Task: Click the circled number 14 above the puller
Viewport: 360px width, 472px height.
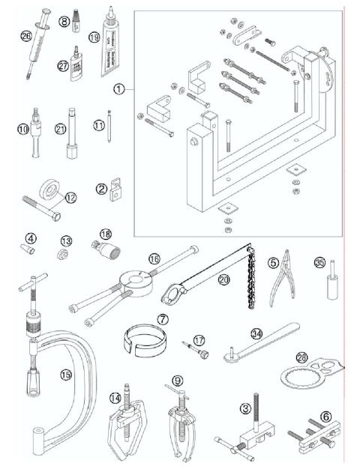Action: (115, 398)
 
